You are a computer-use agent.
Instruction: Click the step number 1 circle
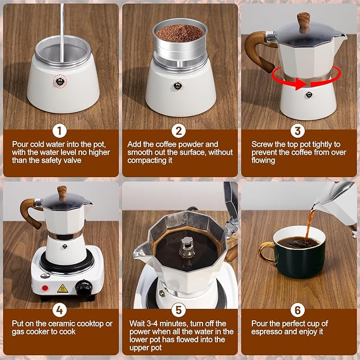coord(59,131)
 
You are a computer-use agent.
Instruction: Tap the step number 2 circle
coord(179,131)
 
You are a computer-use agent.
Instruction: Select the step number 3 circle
coord(297,131)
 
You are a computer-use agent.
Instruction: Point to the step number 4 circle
coord(59,310)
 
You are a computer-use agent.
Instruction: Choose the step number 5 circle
coord(179,310)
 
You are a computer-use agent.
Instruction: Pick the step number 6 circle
coord(297,310)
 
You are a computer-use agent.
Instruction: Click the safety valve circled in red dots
coord(60,81)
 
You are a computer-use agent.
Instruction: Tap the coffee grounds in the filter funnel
coord(180,33)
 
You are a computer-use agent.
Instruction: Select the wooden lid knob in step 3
coord(303,21)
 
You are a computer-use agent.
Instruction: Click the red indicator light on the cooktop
coord(45,288)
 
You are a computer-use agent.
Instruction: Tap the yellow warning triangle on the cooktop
coord(63,288)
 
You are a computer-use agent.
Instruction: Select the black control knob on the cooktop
coord(84,288)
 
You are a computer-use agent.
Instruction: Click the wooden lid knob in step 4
coord(62,193)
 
